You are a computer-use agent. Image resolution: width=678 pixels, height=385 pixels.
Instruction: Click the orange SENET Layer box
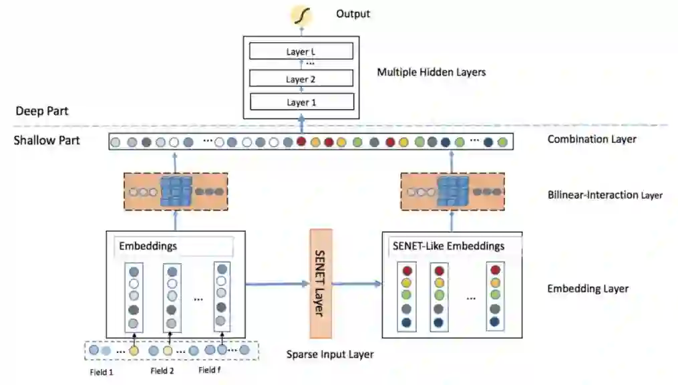pyautogui.click(x=321, y=283)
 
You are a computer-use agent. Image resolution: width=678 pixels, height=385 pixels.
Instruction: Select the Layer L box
pyautogui.click(x=301, y=51)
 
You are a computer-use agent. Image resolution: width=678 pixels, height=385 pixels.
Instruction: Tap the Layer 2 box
pyautogui.click(x=301, y=79)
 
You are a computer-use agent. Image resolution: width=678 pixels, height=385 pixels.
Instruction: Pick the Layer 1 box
pyautogui.click(x=301, y=102)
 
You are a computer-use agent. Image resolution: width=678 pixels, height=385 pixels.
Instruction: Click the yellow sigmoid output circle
pyautogui.click(x=300, y=14)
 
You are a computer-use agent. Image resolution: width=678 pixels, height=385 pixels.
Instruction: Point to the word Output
pyautogui.click(x=353, y=14)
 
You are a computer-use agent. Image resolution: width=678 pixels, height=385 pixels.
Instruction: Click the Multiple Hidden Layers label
pyautogui.click(x=431, y=72)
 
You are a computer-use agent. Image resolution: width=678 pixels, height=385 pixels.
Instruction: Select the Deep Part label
pyautogui.click(x=42, y=111)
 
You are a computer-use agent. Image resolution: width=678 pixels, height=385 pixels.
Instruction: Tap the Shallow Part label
pyautogui.click(x=47, y=140)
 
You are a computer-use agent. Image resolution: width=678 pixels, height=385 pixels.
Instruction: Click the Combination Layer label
pyautogui.click(x=592, y=140)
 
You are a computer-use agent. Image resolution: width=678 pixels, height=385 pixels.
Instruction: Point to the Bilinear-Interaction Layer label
pyautogui.click(x=605, y=195)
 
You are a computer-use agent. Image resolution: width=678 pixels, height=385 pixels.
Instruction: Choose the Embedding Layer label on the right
pyautogui.click(x=588, y=289)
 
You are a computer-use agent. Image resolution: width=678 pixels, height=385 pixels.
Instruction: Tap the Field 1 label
pyautogui.click(x=102, y=371)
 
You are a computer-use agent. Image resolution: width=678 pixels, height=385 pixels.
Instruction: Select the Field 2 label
pyautogui.click(x=162, y=371)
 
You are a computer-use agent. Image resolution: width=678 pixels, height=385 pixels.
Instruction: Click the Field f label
pyautogui.click(x=210, y=370)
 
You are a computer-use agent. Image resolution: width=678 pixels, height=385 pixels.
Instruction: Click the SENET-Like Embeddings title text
pyautogui.click(x=446, y=246)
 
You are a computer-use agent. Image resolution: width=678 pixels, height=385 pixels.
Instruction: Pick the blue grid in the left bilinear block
pyautogui.click(x=176, y=191)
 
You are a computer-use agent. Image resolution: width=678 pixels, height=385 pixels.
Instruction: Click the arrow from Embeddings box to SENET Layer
pyautogui.click(x=277, y=285)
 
